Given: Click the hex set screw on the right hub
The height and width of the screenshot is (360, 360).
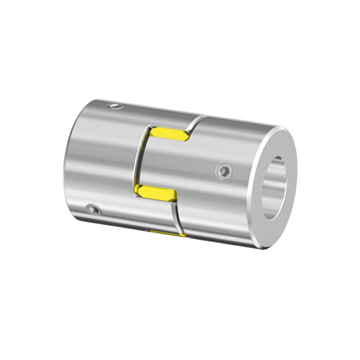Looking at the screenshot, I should [x=224, y=173].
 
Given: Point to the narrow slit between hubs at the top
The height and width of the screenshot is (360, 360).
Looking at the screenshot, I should [x=192, y=122].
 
